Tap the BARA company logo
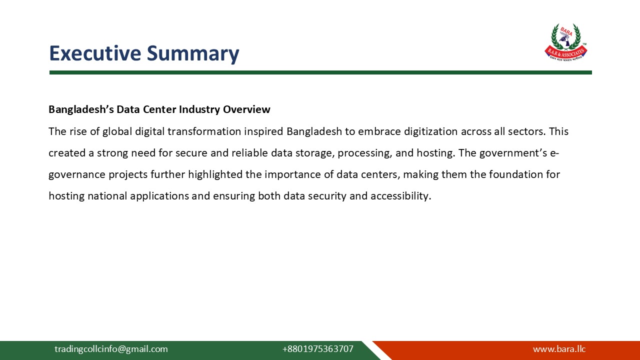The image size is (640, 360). tap(566, 42)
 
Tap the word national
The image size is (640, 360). tap(107, 196)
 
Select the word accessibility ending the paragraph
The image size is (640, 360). tap(400, 196)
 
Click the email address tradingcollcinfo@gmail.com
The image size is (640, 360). tap(111, 349)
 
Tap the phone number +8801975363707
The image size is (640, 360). tap(317, 349)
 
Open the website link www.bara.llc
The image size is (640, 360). tap(559, 349)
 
